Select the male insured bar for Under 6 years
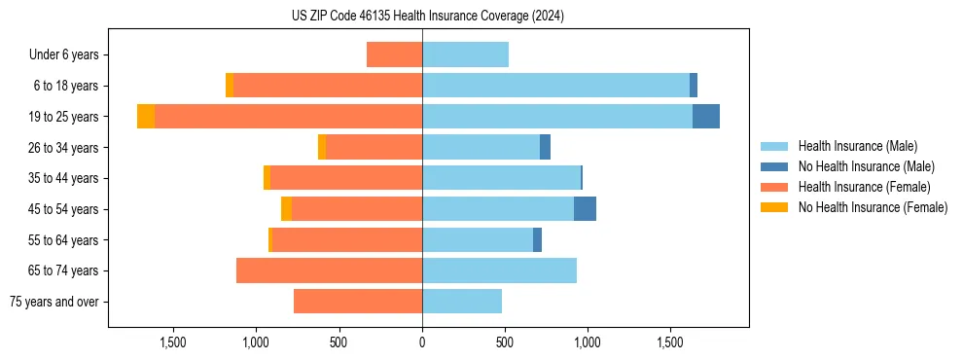[465, 54]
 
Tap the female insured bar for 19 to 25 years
[288, 117]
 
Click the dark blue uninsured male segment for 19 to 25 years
[706, 117]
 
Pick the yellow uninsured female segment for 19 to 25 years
[146, 117]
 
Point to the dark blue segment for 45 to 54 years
[585, 209]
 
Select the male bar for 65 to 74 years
[499, 270]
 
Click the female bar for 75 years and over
[358, 302]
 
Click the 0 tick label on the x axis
[422, 342]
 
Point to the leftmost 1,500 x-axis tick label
[173, 342]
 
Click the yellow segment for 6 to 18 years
[230, 86]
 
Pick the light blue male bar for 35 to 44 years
[501, 178]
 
